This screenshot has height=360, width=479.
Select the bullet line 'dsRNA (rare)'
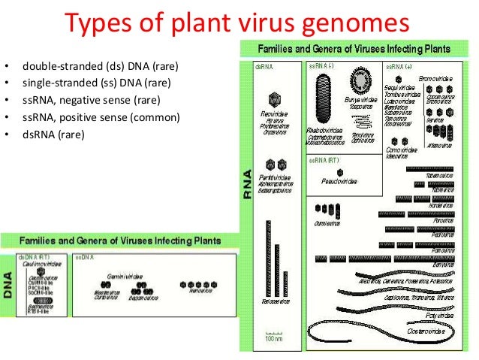click(53, 135)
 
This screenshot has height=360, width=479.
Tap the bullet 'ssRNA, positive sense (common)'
click(101, 117)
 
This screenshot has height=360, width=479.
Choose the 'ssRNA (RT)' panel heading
click(324, 160)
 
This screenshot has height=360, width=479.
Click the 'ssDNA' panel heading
click(83, 257)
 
